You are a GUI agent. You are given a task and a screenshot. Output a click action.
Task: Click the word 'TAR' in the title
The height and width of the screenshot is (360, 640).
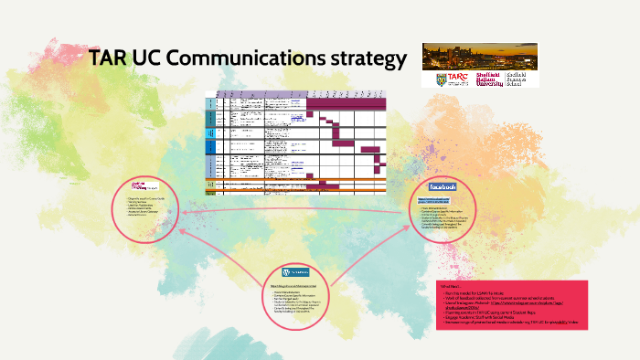click(112, 60)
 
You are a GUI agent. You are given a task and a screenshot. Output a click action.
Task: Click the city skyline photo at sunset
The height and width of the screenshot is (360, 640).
click(480, 57)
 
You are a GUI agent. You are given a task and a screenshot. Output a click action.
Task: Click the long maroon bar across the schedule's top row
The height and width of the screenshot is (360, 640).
click(347, 106)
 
